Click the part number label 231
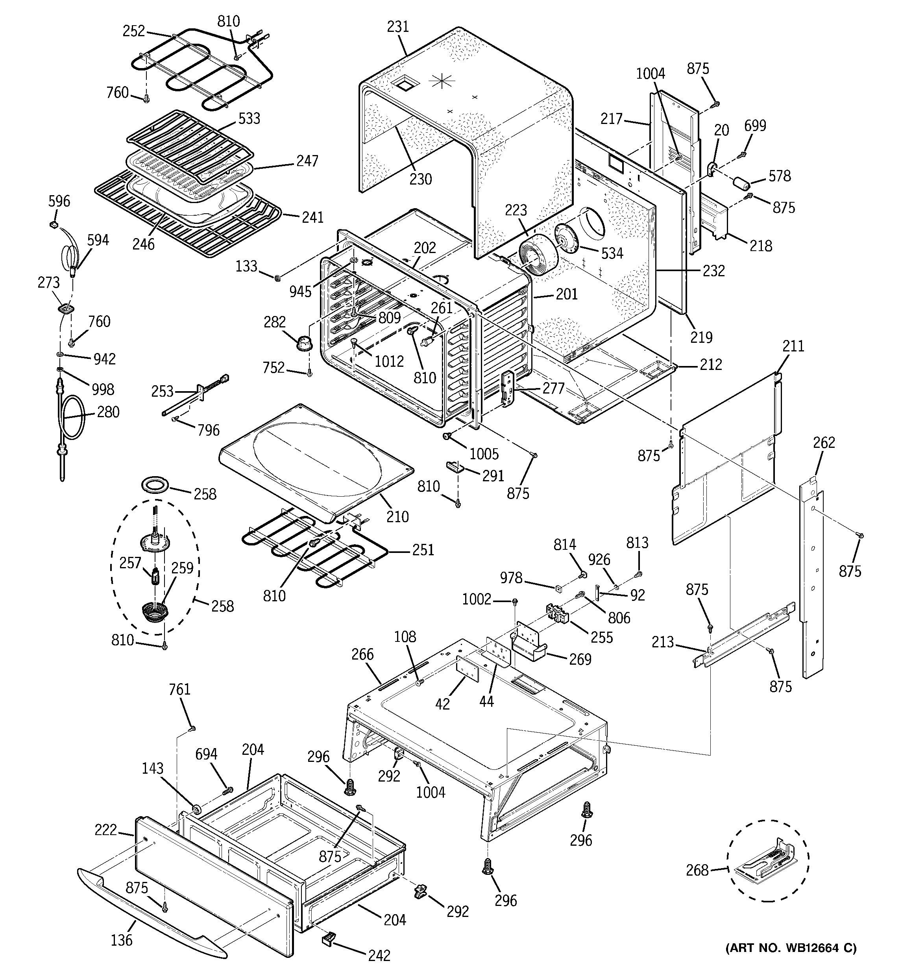tap(397, 26)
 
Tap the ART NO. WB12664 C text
tap(791, 961)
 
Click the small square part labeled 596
tap(54, 224)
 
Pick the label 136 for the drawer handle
tap(122, 940)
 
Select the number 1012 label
tap(389, 361)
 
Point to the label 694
tap(206, 754)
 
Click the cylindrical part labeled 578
tap(741, 185)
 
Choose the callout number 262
tap(823, 442)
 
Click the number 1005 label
tap(484, 454)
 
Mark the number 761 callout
tap(179, 689)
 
